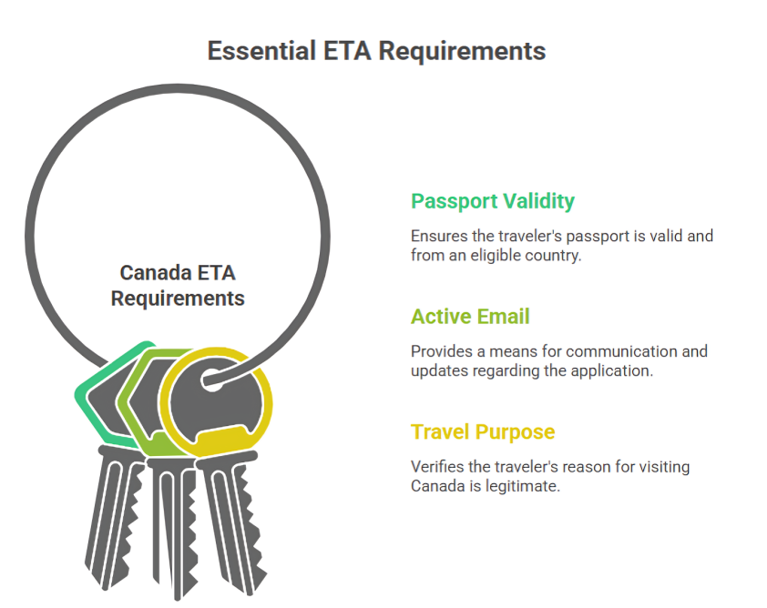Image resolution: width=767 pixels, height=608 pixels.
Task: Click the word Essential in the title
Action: [x=261, y=51]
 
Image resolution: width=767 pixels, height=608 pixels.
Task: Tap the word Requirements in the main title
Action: [x=462, y=52]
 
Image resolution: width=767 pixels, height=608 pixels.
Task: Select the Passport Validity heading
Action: [x=493, y=201]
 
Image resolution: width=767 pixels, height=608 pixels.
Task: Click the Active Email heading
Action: [x=470, y=316]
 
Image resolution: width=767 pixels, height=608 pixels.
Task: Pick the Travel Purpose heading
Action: [x=483, y=432]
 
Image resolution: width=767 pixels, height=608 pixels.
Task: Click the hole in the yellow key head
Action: [x=211, y=380]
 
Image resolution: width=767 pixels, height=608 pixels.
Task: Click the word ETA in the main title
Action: [x=347, y=51]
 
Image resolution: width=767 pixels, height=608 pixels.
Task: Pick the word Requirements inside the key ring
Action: [x=178, y=299]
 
